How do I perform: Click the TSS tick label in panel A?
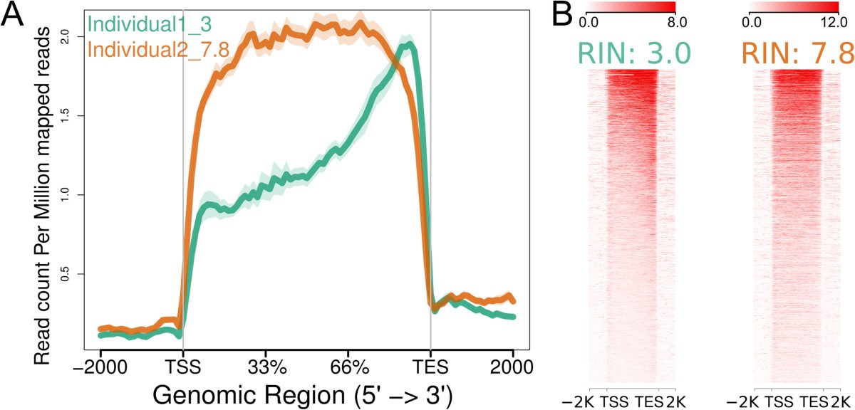tap(182, 369)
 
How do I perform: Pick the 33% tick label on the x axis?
tap(265, 369)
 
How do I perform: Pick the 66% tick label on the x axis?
tap(348, 369)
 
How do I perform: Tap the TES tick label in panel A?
tap(430, 369)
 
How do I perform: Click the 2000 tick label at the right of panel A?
tap(512, 369)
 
